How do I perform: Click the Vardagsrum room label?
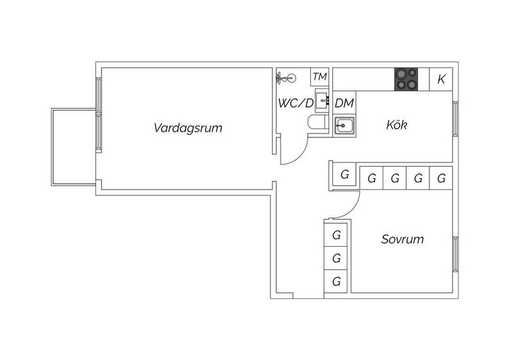[x=188, y=128]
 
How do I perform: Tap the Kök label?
[x=396, y=125]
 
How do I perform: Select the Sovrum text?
[x=402, y=240]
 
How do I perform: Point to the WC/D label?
[x=296, y=103]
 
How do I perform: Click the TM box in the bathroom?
[x=320, y=77]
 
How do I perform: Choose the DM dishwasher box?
[x=344, y=103]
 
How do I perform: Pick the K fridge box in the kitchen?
[x=441, y=79]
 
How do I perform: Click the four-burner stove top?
[x=406, y=79]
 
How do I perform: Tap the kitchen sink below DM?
[x=344, y=126]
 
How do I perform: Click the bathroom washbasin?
[x=323, y=100]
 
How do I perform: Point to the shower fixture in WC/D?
[x=287, y=78]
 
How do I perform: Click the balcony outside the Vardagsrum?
[x=74, y=147]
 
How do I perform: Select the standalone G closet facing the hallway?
[x=344, y=175]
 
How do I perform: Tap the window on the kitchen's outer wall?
[x=455, y=119]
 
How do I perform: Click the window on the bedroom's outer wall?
[x=455, y=255]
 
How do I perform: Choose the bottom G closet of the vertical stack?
[x=336, y=281]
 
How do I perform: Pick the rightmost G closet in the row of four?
[x=441, y=179]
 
